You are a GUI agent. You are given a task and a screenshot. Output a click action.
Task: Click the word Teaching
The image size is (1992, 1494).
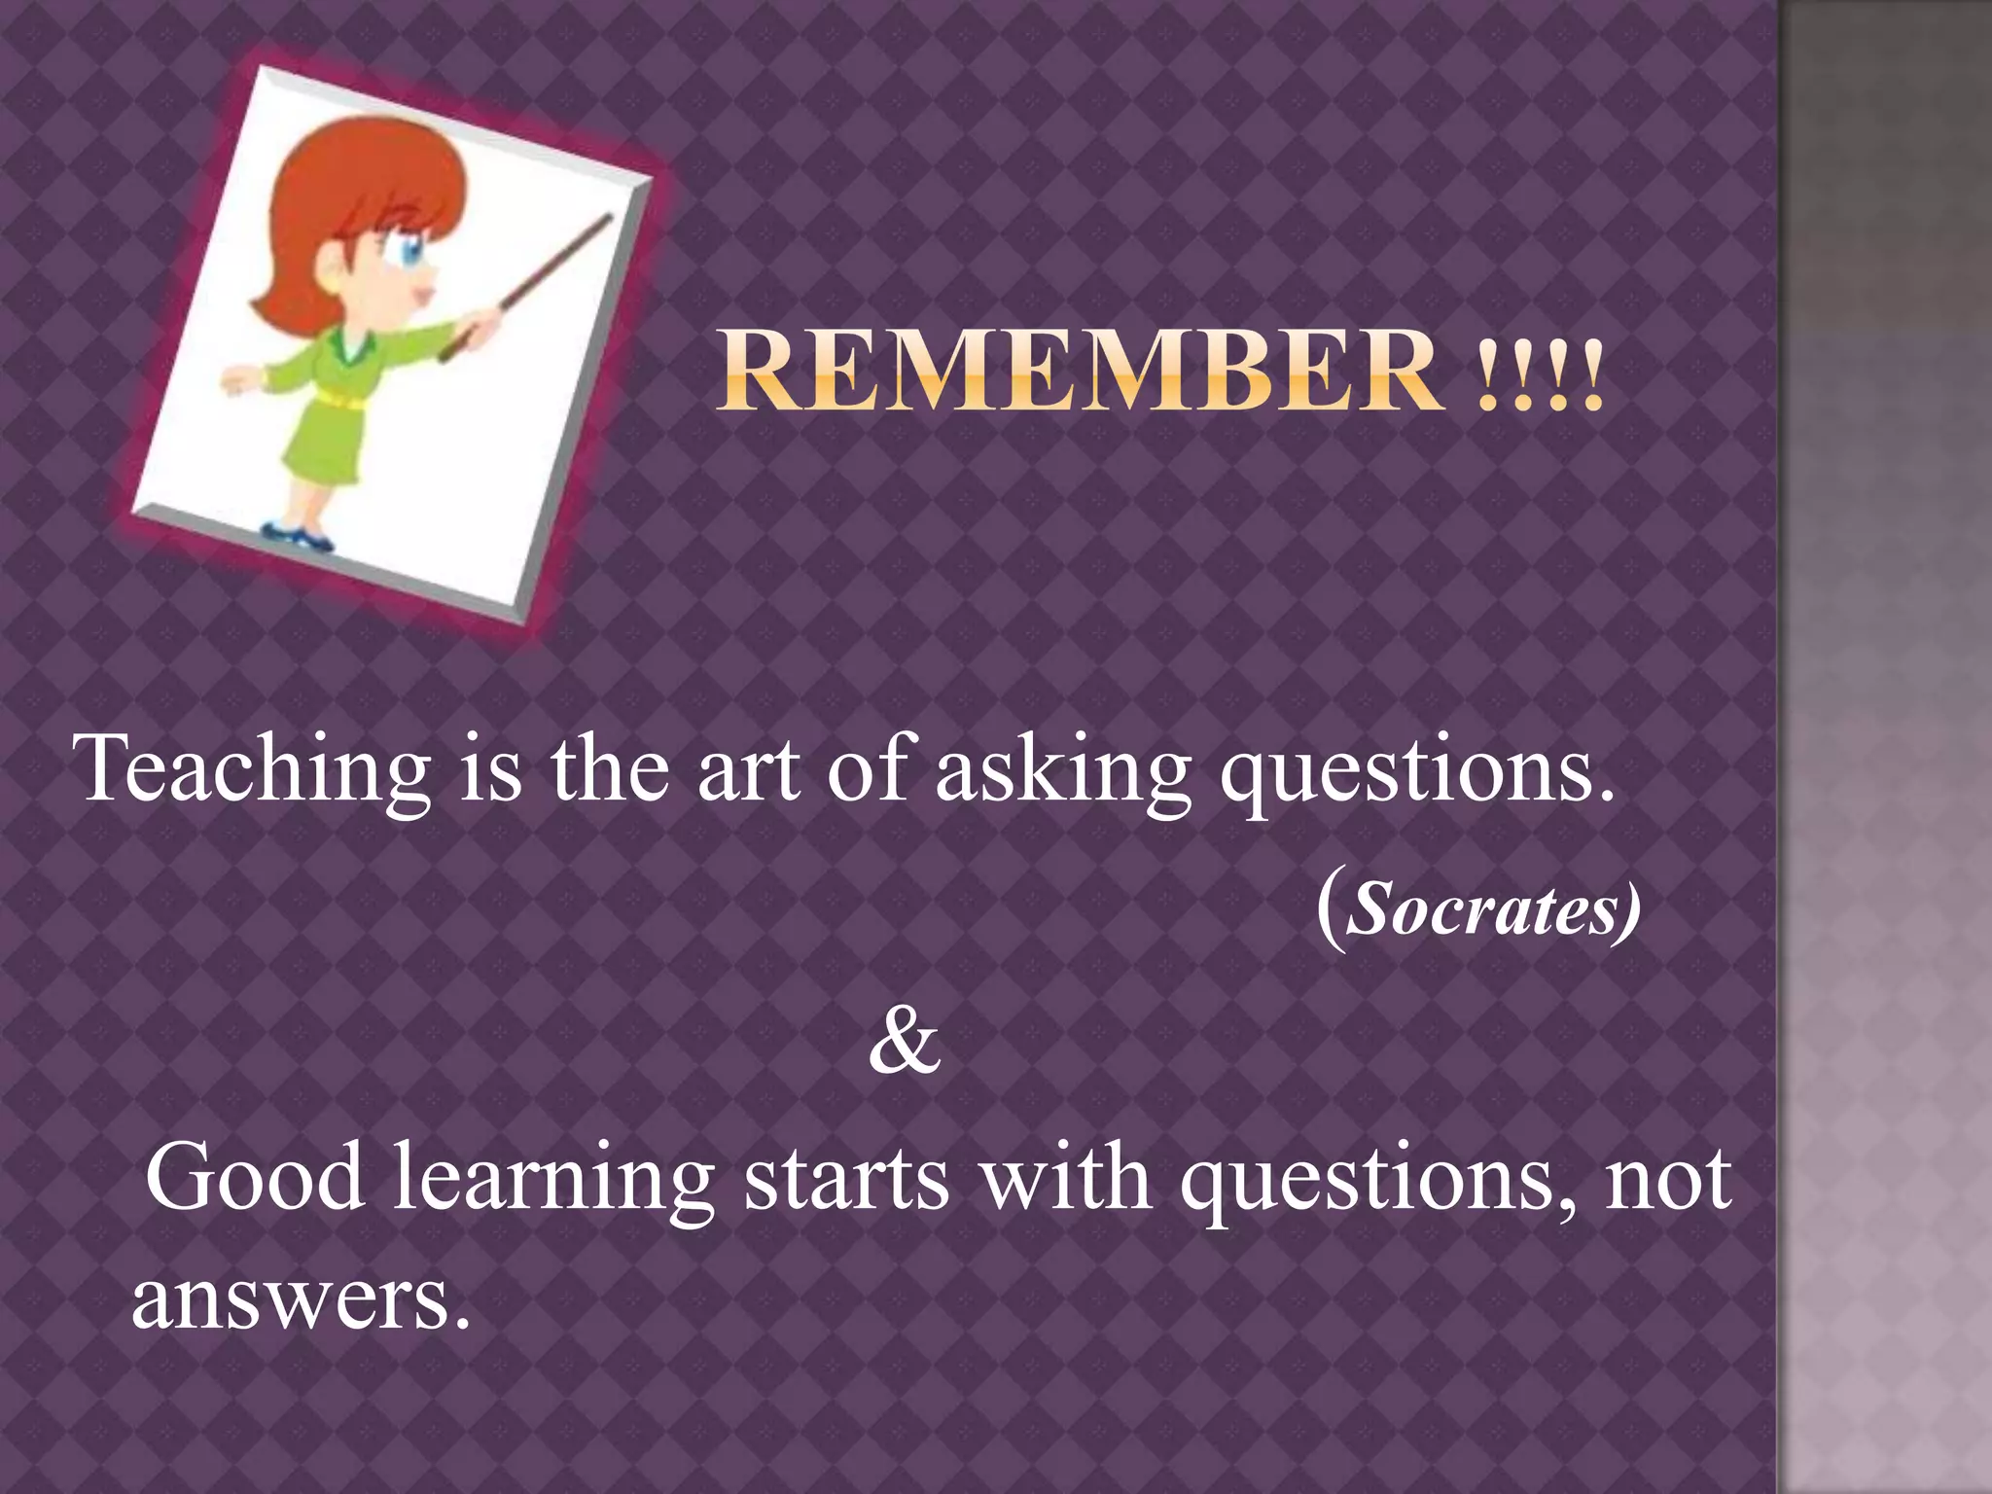coord(252,770)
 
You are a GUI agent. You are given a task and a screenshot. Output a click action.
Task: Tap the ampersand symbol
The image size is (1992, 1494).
coord(905,1041)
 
